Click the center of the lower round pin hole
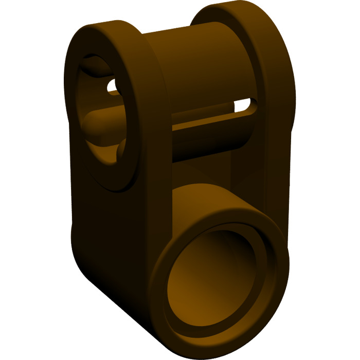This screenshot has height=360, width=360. point(219,278)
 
